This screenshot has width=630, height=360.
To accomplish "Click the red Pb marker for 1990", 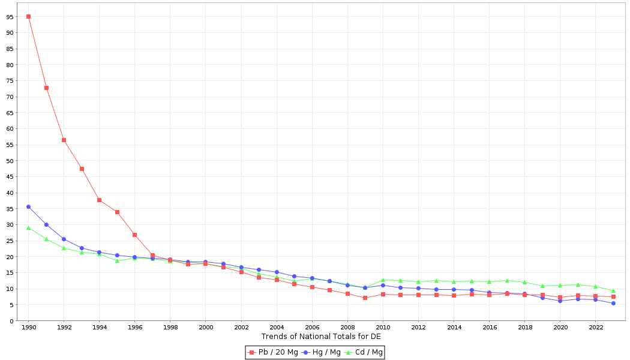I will click(28, 16).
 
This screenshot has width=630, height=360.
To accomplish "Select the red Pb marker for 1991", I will click(46, 88).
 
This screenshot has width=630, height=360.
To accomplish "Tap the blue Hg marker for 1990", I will click(28, 206).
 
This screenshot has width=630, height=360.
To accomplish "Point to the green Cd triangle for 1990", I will click(28, 228).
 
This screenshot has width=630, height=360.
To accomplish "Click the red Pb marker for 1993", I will click(82, 169).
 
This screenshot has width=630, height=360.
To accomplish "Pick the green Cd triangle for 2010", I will click(383, 280).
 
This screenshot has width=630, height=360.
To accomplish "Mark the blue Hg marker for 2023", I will click(613, 303).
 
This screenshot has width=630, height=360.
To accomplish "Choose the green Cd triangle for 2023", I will click(613, 291).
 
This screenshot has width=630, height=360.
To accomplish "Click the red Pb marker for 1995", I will click(117, 212).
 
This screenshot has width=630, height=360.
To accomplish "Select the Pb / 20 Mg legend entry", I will click(273, 352).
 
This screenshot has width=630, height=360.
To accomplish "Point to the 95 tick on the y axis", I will click(11, 17).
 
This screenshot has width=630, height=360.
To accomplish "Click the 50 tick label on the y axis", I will click(11, 161).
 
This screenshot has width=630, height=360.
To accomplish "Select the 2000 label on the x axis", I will click(205, 328).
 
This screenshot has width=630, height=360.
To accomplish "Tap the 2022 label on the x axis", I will click(595, 328).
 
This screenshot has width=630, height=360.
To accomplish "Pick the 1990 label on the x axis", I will click(28, 328).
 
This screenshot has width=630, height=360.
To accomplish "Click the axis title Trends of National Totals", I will click(321, 337).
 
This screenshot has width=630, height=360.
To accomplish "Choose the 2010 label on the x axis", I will click(383, 328).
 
